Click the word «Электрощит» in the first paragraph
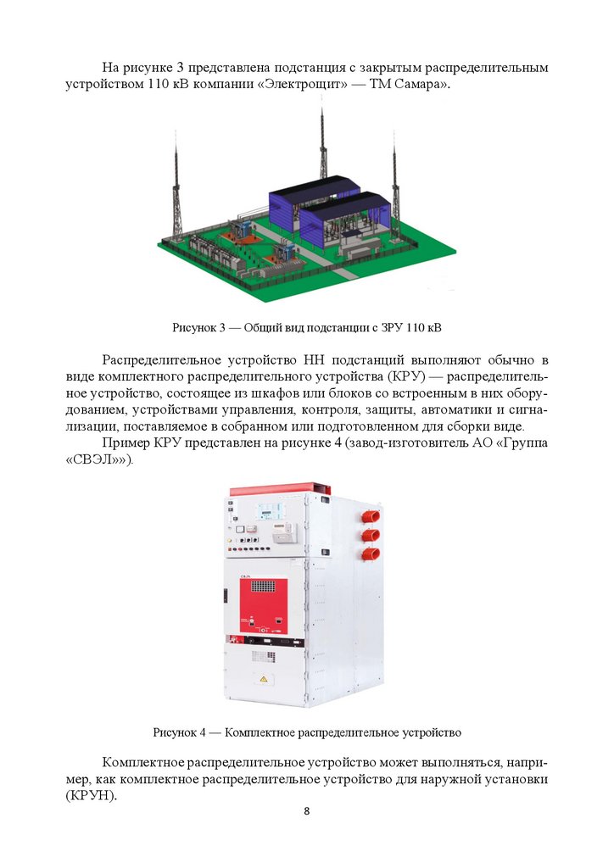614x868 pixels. [304, 86]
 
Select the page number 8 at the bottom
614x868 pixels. [307, 811]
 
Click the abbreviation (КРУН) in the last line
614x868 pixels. [92, 796]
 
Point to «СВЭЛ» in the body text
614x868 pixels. [98, 460]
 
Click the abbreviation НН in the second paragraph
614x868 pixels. [314, 360]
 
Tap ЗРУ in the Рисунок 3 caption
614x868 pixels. [392, 327]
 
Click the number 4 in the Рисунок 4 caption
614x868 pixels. [202, 733]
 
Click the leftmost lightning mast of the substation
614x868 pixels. [177, 188]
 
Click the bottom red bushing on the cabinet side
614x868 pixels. [371, 554]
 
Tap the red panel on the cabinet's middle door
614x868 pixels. [264, 606]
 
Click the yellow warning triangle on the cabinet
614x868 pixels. [264, 679]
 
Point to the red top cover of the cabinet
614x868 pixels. [281, 488]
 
